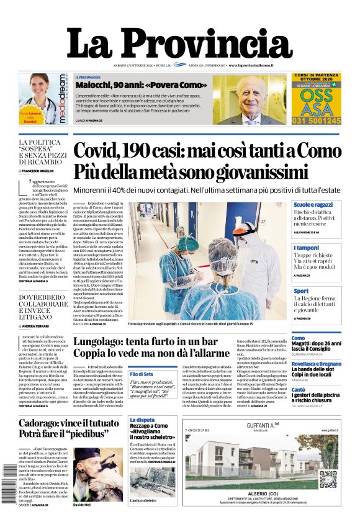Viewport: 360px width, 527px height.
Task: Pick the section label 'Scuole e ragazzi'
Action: (x=313, y=204)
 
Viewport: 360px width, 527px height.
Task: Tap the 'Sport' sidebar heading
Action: (x=301, y=291)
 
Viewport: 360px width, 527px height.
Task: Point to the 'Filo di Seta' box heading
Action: (x=142, y=374)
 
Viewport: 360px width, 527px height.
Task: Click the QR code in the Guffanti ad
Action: (x=330, y=477)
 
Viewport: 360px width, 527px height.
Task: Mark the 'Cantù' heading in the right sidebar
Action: (x=299, y=390)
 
